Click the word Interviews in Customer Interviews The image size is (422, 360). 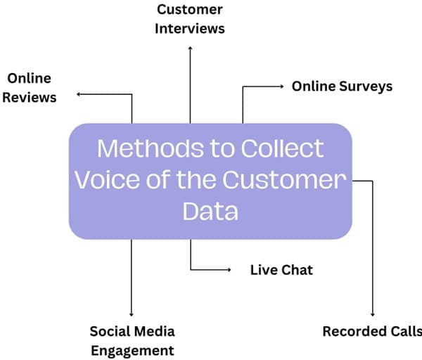click(190, 29)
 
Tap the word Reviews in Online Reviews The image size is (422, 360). click(30, 98)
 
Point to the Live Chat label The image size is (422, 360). click(281, 270)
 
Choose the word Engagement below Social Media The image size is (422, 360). click(132, 350)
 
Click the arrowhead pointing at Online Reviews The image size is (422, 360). click(79, 94)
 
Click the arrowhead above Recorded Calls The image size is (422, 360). click(373, 314)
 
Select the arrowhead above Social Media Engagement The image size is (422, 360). click(132, 314)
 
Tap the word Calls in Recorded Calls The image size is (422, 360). click(405, 332)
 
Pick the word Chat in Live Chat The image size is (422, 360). click(298, 270)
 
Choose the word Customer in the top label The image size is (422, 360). click(190, 10)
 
